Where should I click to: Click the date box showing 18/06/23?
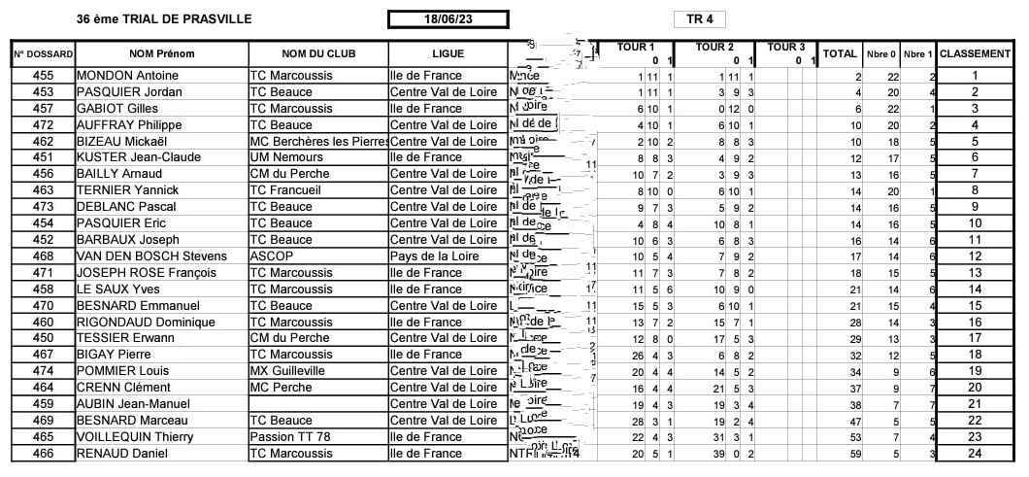pyautogui.click(x=448, y=18)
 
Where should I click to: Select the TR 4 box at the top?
pyautogui.click(x=699, y=18)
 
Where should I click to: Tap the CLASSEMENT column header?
pyautogui.click(x=976, y=53)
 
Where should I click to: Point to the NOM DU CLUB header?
pyautogui.click(x=318, y=53)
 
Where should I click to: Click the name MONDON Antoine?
pyautogui.click(x=121, y=76)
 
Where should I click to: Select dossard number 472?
pyautogui.click(x=43, y=124)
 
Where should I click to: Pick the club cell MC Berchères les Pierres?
pyautogui.click(x=318, y=141)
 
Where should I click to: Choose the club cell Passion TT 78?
pyautogui.click(x=290, y=436)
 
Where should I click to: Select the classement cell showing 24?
pyautogui.click(x=975, y=453)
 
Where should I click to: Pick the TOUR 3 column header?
pyautogui.click(x=785, y=47)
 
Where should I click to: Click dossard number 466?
pyautogui.click(x=43, y=453)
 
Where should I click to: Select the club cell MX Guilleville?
pyautogui.click(x=288, y=371)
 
